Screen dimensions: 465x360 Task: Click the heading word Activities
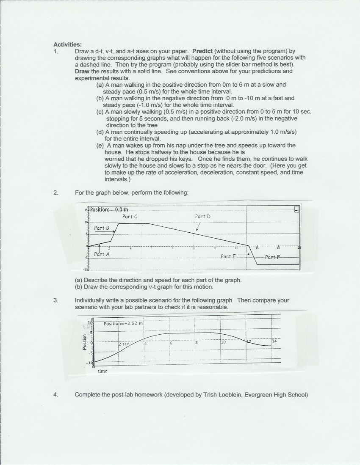tap(67, 44)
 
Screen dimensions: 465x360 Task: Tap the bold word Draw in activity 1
tap(82, 71)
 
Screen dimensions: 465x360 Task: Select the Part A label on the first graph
tap(102, 254)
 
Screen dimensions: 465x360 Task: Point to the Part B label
tap(102, 228)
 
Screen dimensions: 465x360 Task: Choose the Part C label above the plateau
tap(130, 216)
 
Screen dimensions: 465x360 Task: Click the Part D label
tap(202, 216)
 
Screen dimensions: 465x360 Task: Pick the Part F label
tap(272, 257)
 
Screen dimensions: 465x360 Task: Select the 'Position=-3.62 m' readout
tap(124, 324)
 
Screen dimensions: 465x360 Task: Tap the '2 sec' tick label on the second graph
tap(123, 344)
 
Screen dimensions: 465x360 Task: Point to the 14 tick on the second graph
tap(274, 341)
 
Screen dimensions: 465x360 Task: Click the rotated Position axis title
tap(85, 342)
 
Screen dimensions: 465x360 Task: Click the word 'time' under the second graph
tap(102, 371)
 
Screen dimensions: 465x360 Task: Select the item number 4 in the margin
tap(55, 395)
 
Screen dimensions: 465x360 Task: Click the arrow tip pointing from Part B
tap(114, 231)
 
